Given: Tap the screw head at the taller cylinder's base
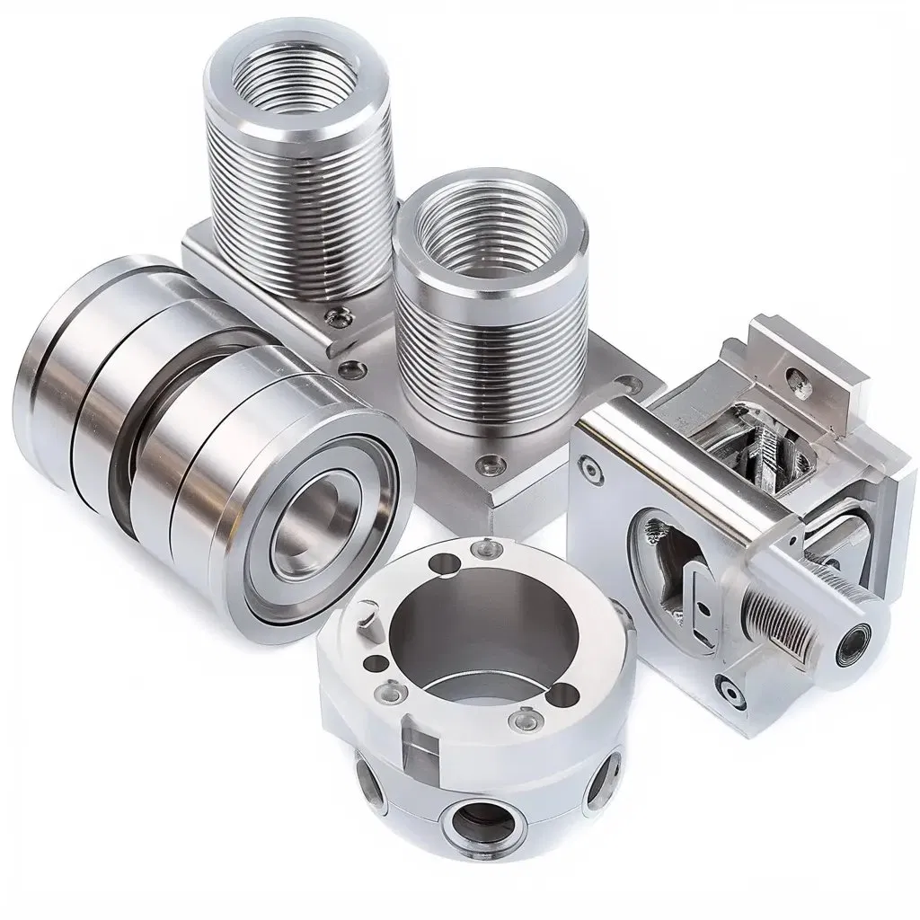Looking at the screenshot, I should click(339, 314).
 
